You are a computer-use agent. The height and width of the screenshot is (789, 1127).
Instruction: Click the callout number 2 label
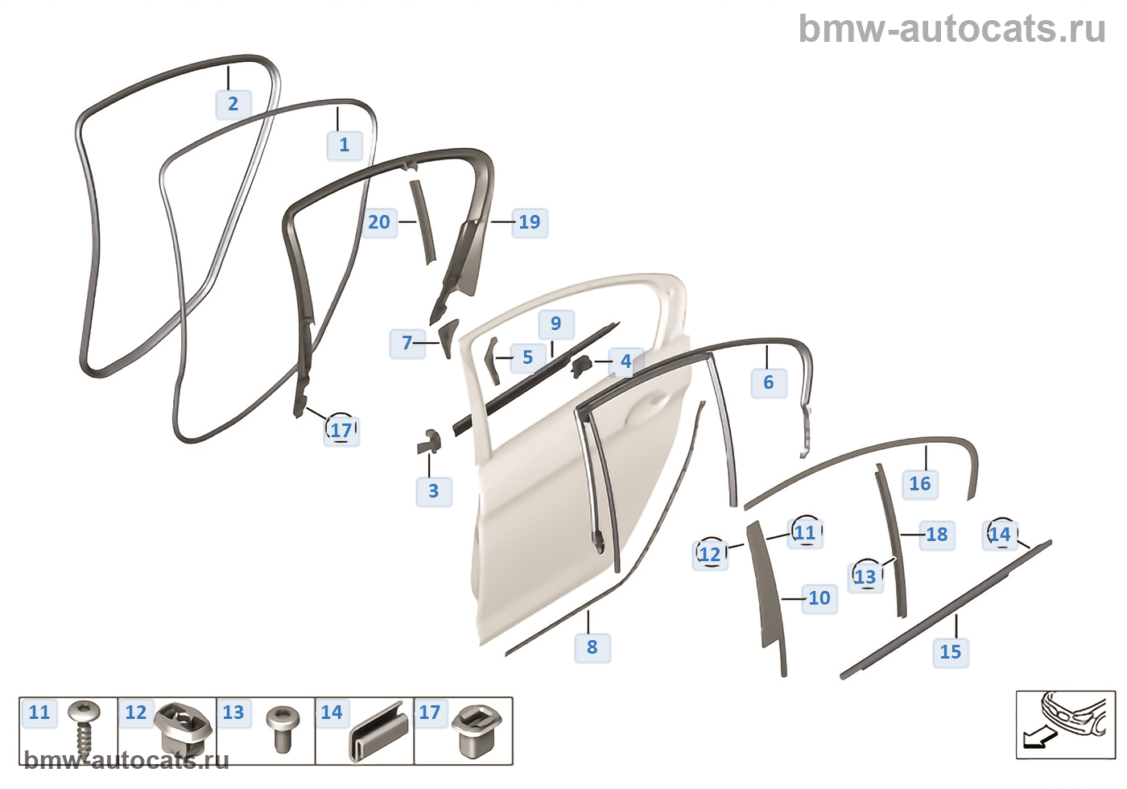233,104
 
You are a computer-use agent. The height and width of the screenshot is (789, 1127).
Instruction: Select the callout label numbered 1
345,145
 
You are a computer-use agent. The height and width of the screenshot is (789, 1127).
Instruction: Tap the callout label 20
379,222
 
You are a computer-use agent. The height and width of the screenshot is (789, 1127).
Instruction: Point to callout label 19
530,222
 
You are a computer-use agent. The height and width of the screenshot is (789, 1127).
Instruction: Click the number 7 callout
407,344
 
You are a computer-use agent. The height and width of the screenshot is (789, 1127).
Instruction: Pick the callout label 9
556,324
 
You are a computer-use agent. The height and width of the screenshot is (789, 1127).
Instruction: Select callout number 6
769,382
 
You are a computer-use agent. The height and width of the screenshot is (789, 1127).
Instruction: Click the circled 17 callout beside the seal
341,430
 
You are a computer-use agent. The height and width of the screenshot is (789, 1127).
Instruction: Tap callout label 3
434,491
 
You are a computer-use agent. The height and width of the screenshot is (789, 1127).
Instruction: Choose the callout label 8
592,647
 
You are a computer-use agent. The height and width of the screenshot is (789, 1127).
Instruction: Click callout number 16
920,484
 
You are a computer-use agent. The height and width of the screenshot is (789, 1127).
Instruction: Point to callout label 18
937,535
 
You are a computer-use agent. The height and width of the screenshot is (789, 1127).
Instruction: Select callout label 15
951,652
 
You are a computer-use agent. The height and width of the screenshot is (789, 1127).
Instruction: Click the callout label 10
819,598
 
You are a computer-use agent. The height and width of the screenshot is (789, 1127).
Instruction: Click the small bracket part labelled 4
581,366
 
